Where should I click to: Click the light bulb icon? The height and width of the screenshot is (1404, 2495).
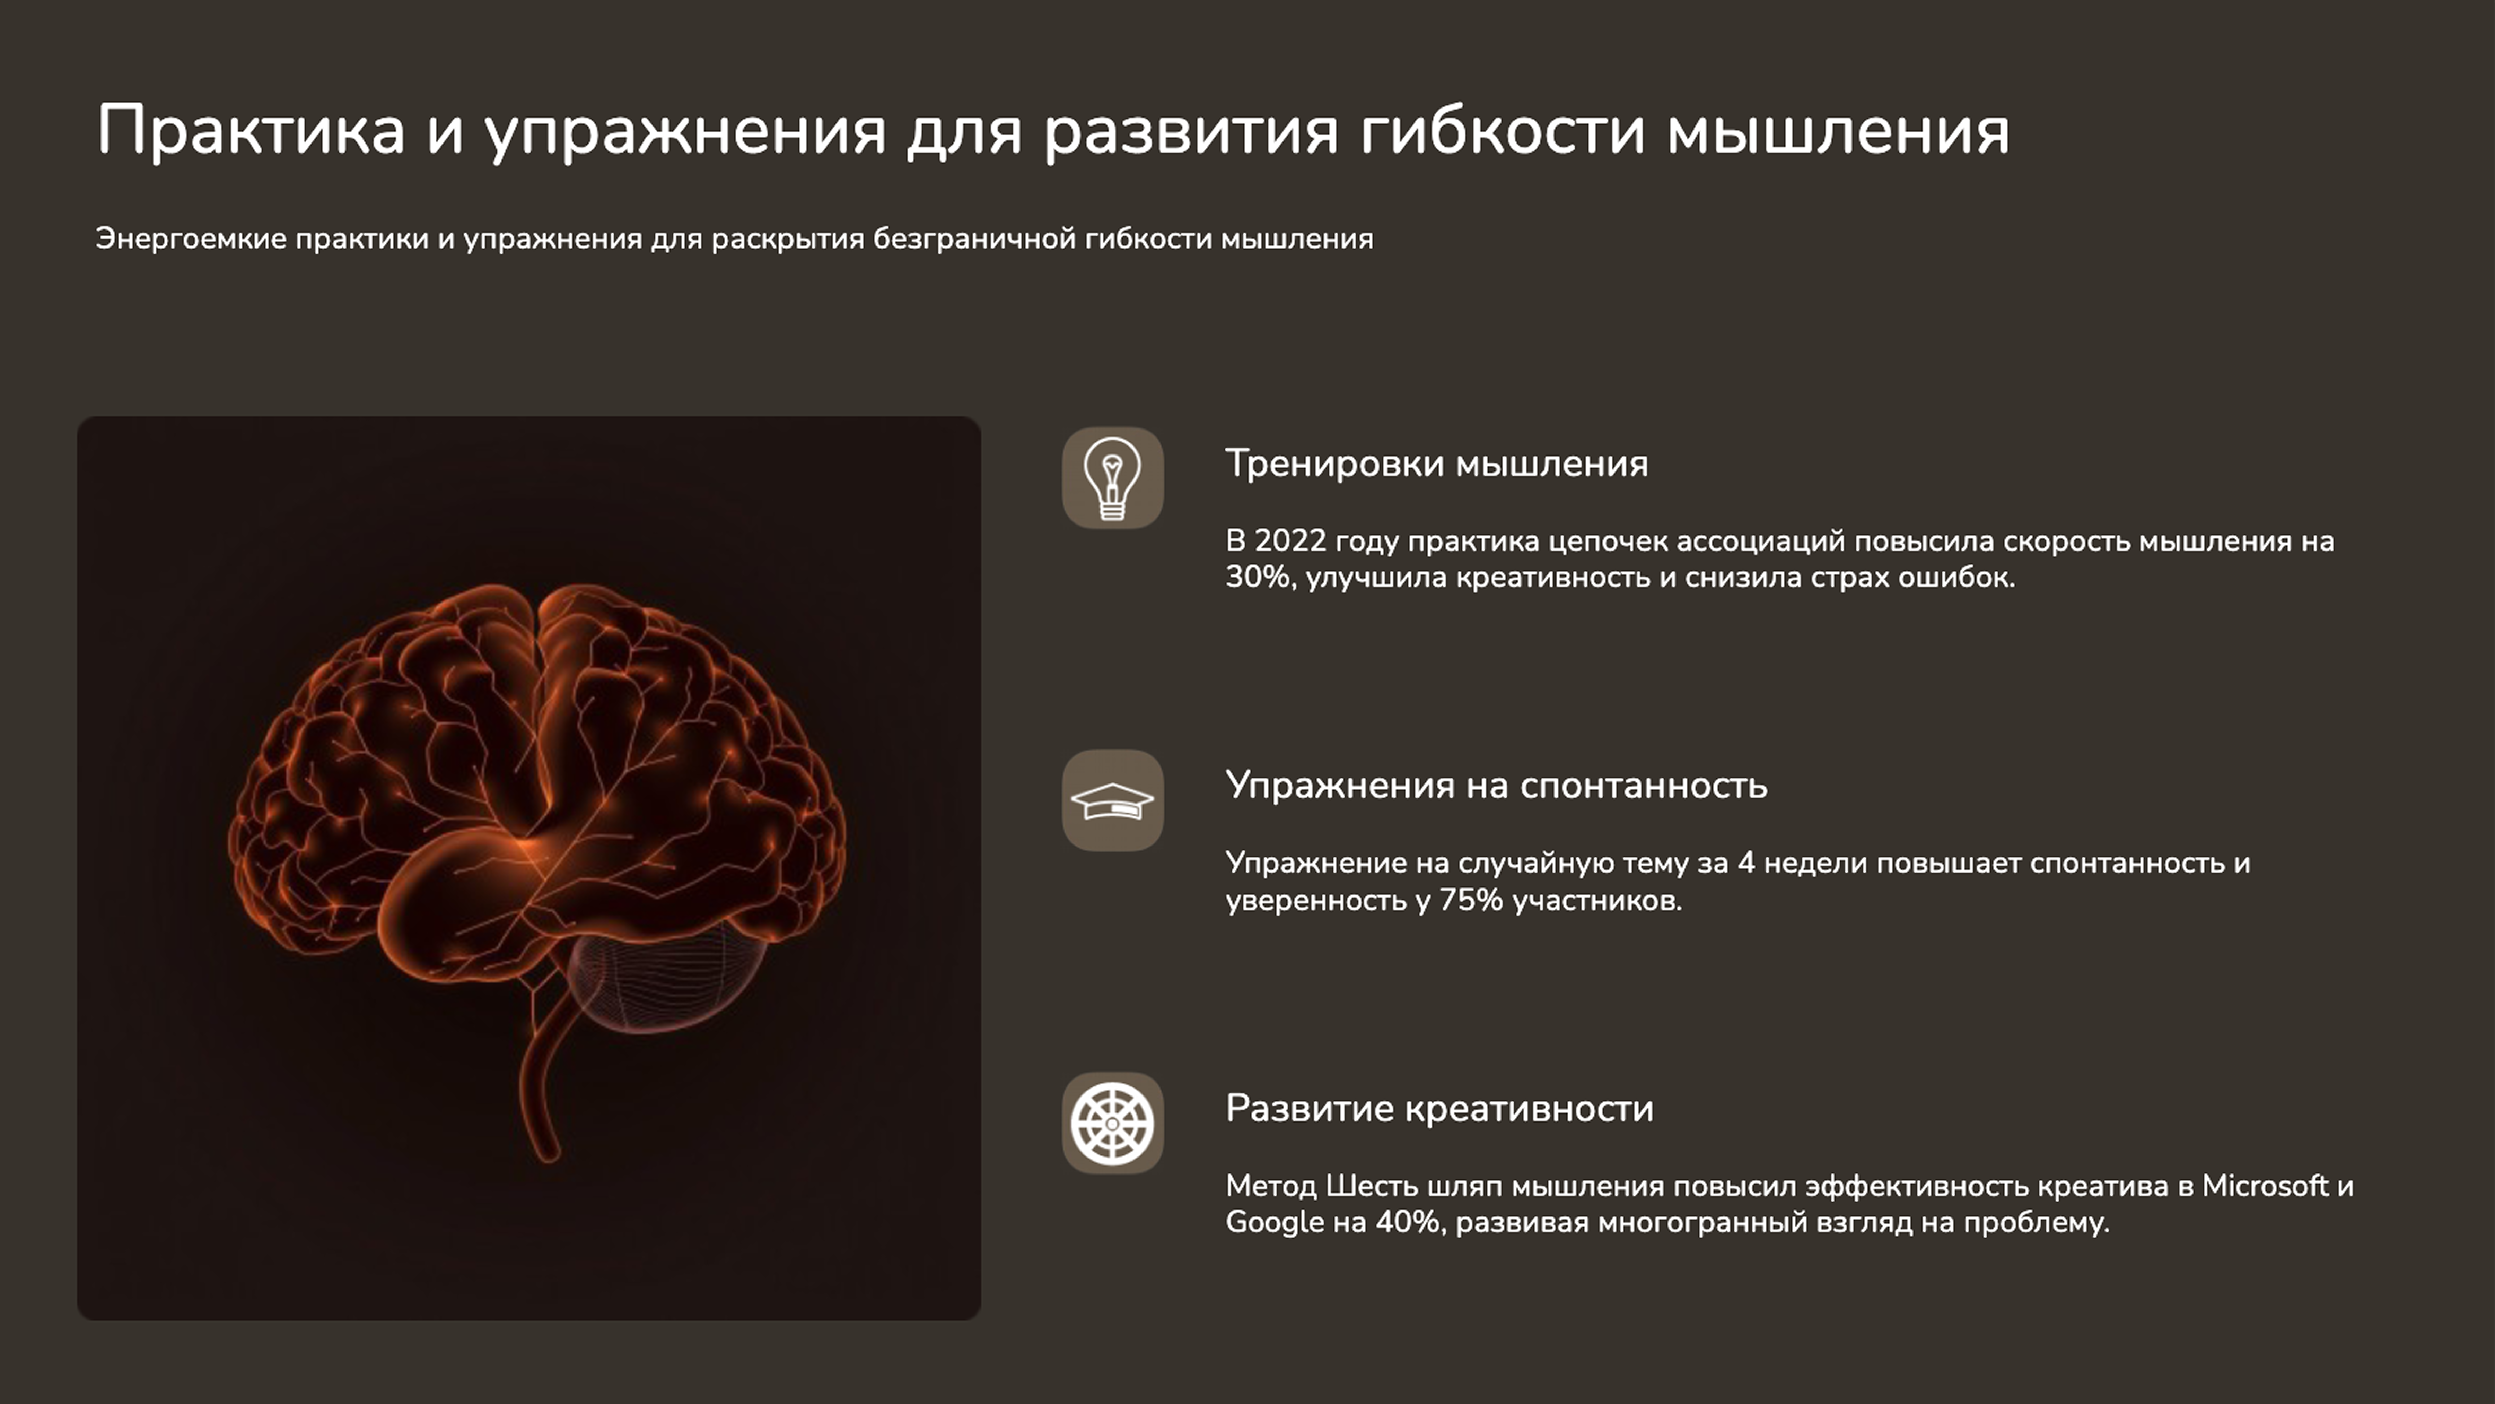click(1112, 478)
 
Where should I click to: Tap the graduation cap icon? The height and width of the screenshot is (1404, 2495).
click(1112, 800)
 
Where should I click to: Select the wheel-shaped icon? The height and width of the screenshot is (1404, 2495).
click(1112, 1123)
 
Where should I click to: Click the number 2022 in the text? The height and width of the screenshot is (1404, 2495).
click(1289, 541)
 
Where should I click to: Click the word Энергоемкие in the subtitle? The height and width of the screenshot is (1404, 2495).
click(191, 239)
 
